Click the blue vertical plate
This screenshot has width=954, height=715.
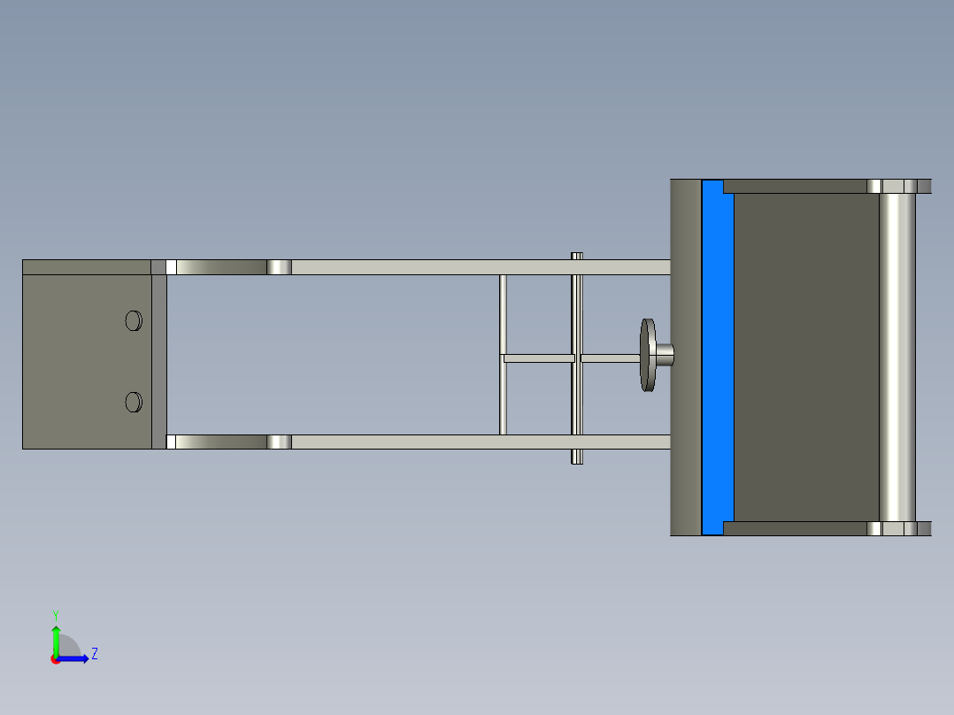[x=717, y=357]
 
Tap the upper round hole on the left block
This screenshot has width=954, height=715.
[x=134, y=320]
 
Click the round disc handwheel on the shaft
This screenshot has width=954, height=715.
[x=648, y=356]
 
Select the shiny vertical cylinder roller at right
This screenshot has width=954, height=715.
[x=896, y=357]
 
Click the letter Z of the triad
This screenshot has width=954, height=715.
[x=94, y=654]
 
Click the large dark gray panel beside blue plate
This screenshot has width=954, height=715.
[x=805, y=357]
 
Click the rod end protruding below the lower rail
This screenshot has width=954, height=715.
[x=577, y=457]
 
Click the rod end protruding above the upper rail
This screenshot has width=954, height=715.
[x=577, y=256]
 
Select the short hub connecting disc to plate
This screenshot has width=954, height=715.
[x=665, y=354]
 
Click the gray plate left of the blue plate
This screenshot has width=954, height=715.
[x=685, y=357]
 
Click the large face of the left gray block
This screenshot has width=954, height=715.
[x=80, y=361]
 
